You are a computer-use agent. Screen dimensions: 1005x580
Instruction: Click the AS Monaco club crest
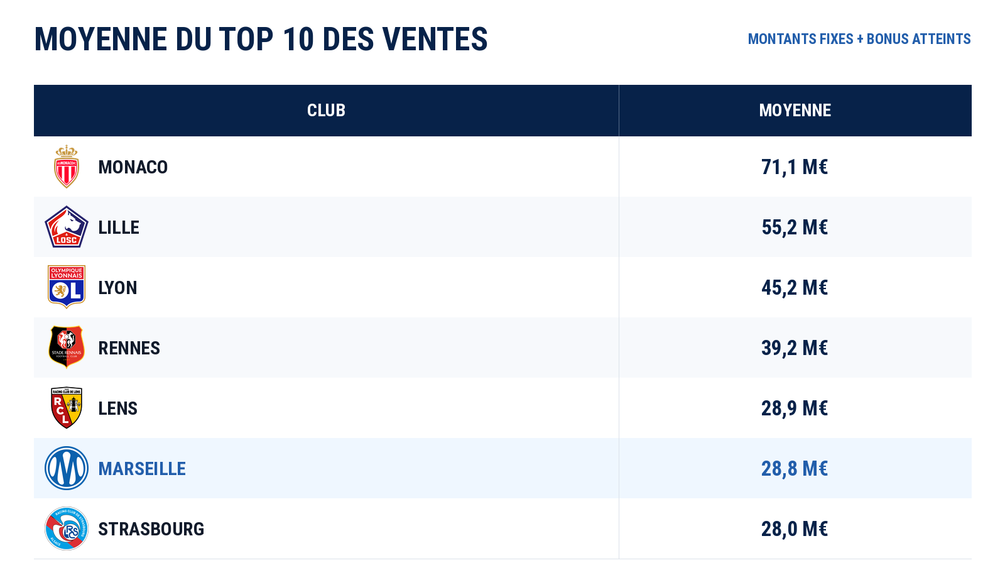click(x=67, y=167)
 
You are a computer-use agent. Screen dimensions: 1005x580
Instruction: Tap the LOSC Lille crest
click(x=67, y=227)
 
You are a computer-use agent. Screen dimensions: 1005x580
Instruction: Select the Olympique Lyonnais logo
click(x=67, y=287)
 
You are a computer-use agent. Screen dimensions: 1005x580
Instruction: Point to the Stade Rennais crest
click(x=67, y=347)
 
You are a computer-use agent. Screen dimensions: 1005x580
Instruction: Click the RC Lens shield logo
click(x=67, y=408)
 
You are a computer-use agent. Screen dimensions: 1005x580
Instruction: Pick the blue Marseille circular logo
click(x=67, y=468)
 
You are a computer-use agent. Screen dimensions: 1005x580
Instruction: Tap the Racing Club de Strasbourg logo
click(x=67, y=528)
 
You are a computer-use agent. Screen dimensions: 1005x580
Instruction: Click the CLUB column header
click(x=326, y=111)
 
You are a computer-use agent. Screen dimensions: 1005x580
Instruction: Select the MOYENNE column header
click(x=795, y=111)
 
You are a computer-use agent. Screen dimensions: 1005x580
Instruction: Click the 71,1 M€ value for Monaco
click(x=795, y=167)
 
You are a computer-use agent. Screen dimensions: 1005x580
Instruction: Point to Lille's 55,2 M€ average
click(x=795, y=227)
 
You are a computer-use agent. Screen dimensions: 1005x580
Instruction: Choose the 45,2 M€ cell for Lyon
click(x=795, y=287)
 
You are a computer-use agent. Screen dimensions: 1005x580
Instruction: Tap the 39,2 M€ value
click(x=795, y=348)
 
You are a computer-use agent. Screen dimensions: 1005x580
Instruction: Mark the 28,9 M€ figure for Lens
click(x=795, y=408)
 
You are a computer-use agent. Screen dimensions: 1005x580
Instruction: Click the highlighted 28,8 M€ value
click(x=795, y=469)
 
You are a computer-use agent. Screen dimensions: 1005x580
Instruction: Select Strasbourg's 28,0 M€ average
click(x=795, y=529)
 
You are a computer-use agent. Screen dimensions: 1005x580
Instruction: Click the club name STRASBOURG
click(x=151, y=529)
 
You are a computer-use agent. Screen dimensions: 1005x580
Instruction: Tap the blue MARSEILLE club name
click(x=142, y=469)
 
